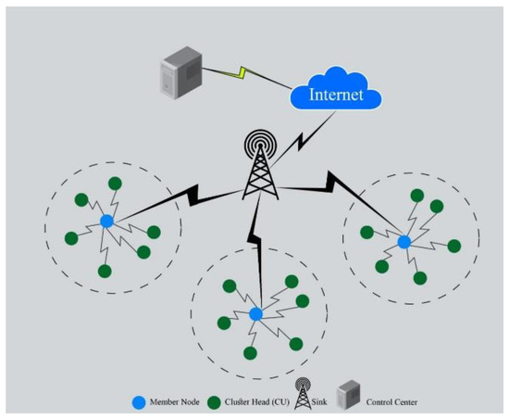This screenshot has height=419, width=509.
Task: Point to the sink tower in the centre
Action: [259, 167]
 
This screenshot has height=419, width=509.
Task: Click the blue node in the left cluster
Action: [106, 221]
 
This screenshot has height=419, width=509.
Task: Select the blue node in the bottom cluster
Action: [256, 313]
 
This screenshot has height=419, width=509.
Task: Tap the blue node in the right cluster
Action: [403, 241]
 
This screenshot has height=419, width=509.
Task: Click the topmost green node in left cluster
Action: [115, 183]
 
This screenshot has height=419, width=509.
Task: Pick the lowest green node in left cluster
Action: [105, 271]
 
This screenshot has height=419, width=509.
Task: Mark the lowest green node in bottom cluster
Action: [250, 353]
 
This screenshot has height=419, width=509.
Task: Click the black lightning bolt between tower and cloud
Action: [298, 139]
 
